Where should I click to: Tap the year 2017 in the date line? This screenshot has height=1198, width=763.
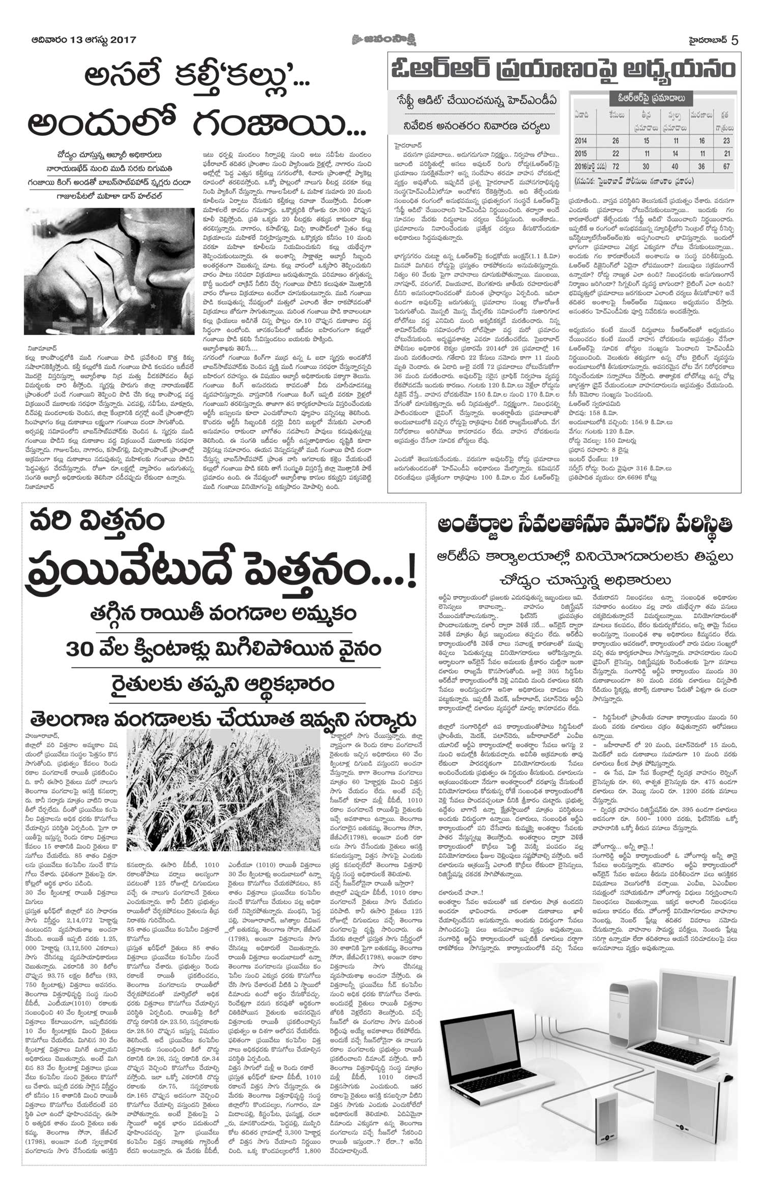[123, 40]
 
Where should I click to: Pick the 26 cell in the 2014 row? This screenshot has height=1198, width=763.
[616, 140]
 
